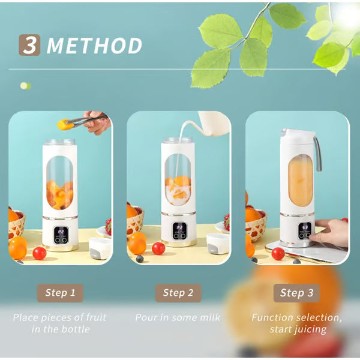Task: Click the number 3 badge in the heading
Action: pyautogui.click(x=30, y=45)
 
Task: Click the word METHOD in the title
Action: pyautogui.click(x=95, y=46)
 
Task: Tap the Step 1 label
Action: pyautogui.click(x=60, y=293)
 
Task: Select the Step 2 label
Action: pyautogui.click(x=178, y=293)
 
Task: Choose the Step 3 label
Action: pyautogui.click(x=297, y=293)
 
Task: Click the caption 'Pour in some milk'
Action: pyautogui.click(x=178, y=317)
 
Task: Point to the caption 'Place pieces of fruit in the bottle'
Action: pyautogui.click(x=60, y=323)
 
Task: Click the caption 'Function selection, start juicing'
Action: pyautogui.click(x=296, y=323)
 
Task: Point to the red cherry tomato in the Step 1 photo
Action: pyautogui.click(x=40, y=253)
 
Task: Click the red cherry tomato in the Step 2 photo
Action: pyautogui.click(x=158, y=248)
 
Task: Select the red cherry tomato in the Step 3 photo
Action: pyautogui.click(x=278, y=253)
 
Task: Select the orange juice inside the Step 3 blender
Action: pyautogui.click(x=300, y=180)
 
